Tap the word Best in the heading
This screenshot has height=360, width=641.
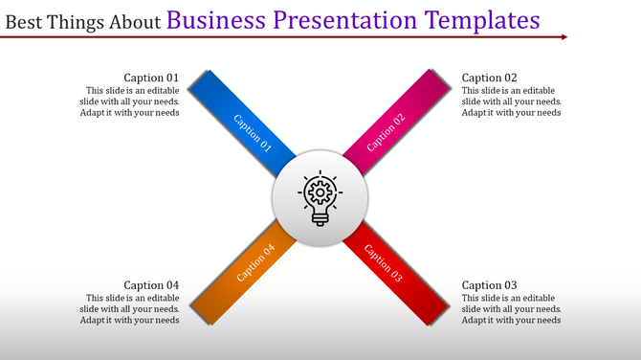(25, 21)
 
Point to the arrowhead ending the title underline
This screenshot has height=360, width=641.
(564, 37)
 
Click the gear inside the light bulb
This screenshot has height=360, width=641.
(320, 191)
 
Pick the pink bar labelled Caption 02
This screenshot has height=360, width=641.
(397, 124)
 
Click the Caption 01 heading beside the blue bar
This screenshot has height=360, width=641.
(151, 78)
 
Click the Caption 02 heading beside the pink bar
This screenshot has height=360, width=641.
(489, 78)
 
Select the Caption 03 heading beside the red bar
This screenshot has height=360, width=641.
(489, 285)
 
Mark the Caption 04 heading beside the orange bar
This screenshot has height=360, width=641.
(151, 285)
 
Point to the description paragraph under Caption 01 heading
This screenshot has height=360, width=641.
(129, 101)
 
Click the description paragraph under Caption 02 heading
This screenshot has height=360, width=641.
(511, 101)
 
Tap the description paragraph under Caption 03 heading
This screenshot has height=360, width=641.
(511, 309)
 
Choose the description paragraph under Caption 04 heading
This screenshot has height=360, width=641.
(129, 309)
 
